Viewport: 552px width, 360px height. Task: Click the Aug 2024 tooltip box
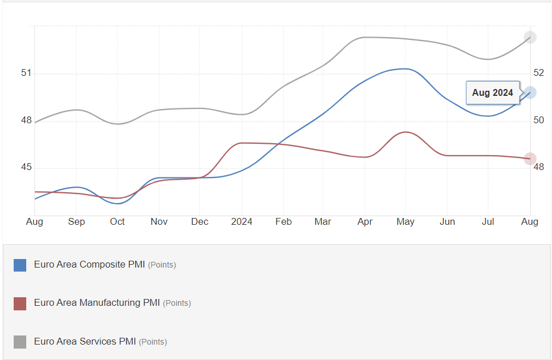493,92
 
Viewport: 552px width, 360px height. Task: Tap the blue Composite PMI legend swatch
20,265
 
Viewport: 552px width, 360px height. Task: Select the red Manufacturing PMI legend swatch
20,304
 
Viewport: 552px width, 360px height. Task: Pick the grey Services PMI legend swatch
20,342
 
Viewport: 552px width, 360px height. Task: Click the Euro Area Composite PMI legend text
90,265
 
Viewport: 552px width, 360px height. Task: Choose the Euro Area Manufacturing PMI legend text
97,303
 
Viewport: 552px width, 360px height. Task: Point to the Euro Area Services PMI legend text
85,342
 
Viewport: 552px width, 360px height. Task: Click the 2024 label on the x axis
241,222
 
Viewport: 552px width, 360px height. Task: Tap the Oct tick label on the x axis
117,222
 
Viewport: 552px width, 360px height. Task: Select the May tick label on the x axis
405,222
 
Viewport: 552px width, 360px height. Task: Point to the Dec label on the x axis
200,222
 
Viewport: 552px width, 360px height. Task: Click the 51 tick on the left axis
26,73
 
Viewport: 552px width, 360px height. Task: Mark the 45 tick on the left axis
26,168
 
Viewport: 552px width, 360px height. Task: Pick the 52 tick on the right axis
539,73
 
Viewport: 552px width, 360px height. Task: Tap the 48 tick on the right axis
539,167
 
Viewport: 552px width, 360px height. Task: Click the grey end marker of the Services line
530,38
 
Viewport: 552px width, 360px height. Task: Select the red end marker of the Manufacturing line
530,159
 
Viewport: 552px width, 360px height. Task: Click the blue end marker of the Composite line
530,92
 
